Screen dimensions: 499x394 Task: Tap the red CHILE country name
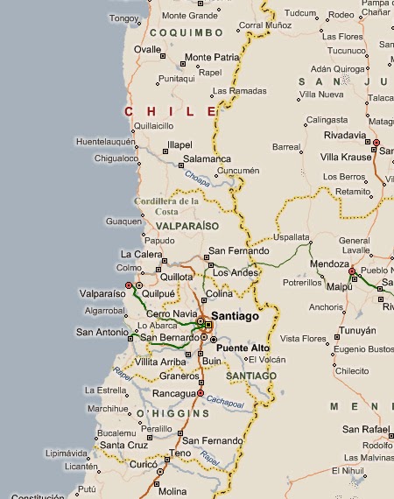[x=171, y=111]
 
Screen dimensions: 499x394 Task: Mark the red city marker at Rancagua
[x=201, y=394]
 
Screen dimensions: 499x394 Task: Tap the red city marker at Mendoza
[x=352, y=271]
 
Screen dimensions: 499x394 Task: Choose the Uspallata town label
[x=292, y=237]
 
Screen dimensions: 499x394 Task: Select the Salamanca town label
[x=207, y=160]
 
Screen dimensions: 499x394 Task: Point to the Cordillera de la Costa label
[x=166, y=206]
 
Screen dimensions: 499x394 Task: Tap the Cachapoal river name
[x=226, y=400]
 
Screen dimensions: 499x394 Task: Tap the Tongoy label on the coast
[x=124, y=17]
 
